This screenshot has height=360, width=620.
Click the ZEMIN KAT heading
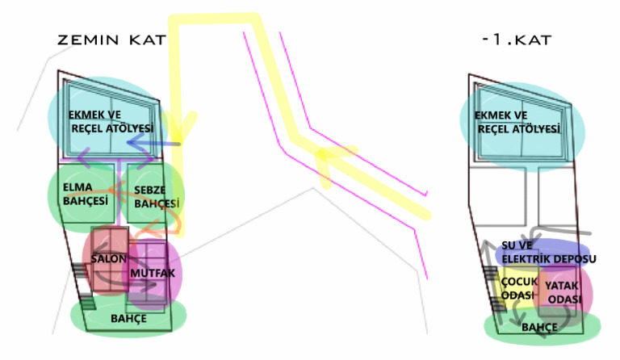[x=112, y=40]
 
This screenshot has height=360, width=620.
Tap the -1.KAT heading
[x=517, y=40]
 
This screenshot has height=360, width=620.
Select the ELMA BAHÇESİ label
[x=86, y=194]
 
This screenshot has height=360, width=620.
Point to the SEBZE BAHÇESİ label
[x=157, y=197]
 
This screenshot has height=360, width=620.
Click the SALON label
[x=109, y=259]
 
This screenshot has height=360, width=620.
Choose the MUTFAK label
[x=153, y=273]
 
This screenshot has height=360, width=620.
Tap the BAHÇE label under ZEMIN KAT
[x=128, y=319]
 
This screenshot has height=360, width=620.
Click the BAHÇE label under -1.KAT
[x=539, y=327]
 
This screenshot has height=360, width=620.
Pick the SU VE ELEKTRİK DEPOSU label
[x=549, y=252]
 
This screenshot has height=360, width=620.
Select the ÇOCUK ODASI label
[x=519, y=288]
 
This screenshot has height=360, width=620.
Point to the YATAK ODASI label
[x=563, y=292]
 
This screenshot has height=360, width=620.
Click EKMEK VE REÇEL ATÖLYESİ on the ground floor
[x=111, y=122]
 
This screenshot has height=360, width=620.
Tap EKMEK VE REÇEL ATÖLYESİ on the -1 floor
[x=517, y=123]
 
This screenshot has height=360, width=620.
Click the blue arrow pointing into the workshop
[x=153, y=144]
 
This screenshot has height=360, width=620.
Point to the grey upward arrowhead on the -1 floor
[x=486, y=245]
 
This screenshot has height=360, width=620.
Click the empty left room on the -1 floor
[x=499, y=196]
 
